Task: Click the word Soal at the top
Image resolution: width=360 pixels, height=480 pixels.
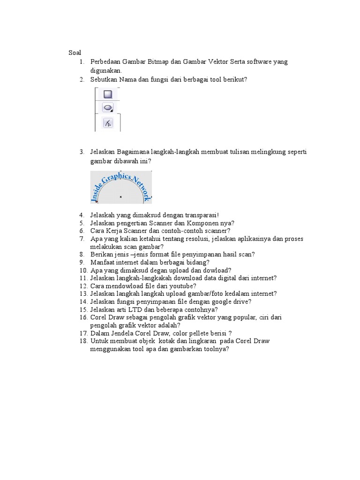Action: (x=75, y=52)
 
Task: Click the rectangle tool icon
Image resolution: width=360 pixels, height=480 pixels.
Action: (x=107, y=94)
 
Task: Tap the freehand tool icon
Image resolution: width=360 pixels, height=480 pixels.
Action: (x=107, y=123)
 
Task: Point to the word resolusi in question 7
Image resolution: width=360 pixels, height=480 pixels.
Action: (x=195, y=239)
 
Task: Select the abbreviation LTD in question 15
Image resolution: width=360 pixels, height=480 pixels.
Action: (x=130, y=309)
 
